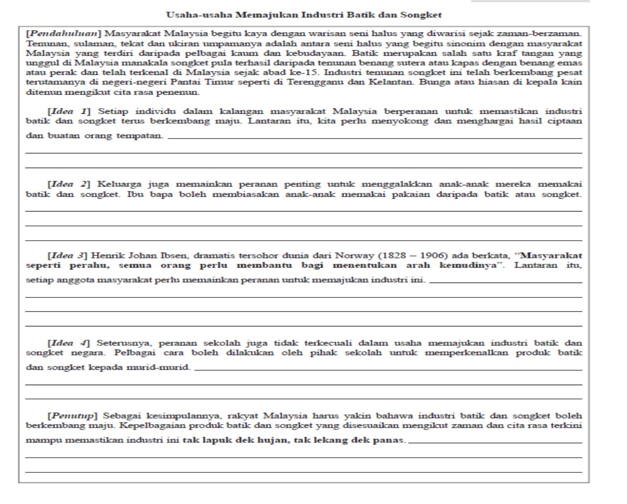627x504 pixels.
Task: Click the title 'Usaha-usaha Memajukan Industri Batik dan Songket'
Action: (304, 15)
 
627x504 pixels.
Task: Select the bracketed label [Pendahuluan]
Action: (64, 34)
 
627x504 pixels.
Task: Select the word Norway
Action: (355, 255)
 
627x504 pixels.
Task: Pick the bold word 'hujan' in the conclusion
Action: (273, 440)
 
